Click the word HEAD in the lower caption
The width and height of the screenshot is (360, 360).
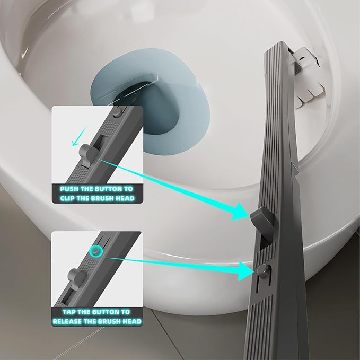point(130,322)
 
